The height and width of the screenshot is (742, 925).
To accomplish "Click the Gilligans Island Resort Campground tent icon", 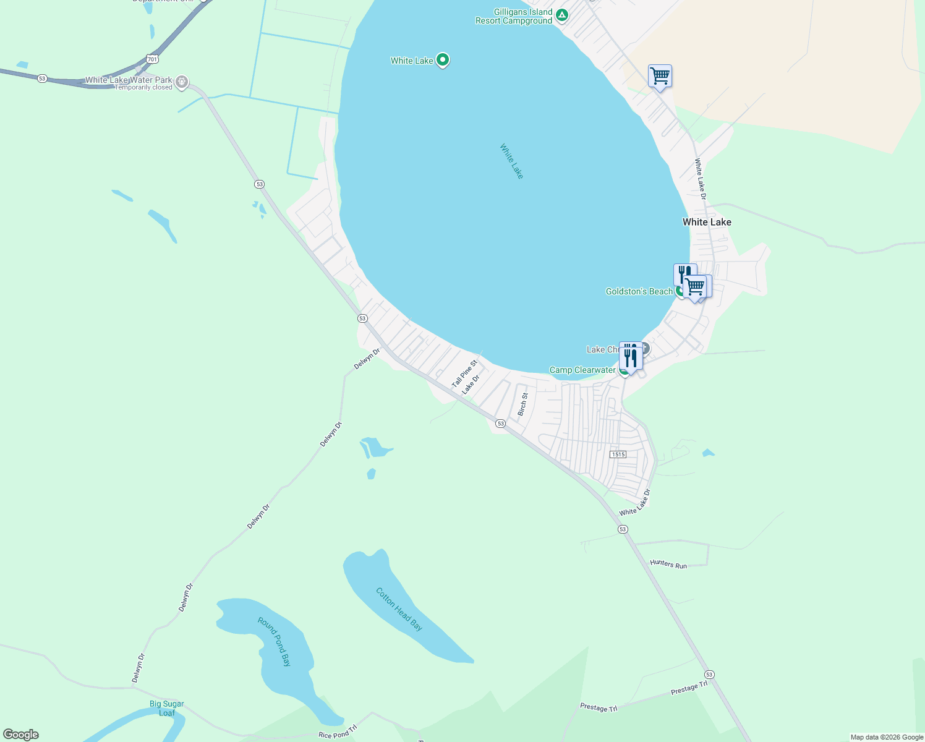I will (x=561, y=15).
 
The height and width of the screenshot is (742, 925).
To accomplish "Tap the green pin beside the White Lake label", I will (x=443, y=60).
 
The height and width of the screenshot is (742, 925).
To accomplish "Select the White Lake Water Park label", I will (x=129, y=80).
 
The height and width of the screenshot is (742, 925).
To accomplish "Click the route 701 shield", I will (x=153, y=59).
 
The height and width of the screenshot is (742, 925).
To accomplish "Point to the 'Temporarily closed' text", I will (x=143, y=88).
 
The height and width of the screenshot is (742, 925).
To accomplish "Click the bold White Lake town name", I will (x=707, y=222).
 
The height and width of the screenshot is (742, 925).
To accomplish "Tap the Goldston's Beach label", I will (x=639, y=291).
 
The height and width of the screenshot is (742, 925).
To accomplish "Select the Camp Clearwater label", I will (x=582, y=370).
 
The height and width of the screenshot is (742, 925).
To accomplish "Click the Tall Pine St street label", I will (x=464, y=374).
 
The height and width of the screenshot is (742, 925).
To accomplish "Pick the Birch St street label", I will (x=523, y=404).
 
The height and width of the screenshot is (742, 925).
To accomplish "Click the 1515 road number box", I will (x=618, y=454).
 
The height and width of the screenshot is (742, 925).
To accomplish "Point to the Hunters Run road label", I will (x=668, y=564).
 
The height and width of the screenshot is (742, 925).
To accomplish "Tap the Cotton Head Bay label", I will (x=399, y=609).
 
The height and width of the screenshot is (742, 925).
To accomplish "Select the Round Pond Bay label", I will (x=275, y=641).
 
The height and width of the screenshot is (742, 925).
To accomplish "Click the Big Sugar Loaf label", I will (x=167, y=708).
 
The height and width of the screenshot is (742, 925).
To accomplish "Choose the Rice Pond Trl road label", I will (x=338, y=732).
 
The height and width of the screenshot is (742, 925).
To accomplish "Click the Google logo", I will (x=21, y=734).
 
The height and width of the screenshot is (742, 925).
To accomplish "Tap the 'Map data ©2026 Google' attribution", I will (x=887, y=737).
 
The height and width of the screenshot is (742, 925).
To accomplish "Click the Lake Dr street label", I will (x=471, y=384).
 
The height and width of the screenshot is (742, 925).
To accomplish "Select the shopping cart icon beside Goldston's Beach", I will (x=695, y=287).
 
